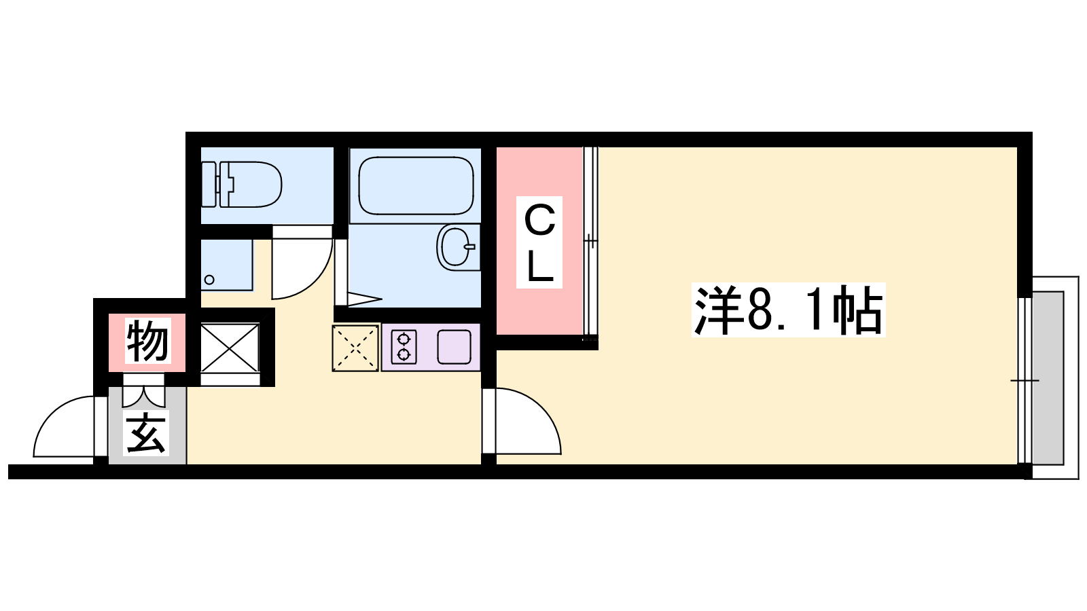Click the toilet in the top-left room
(242, 184)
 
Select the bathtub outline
(416, 185)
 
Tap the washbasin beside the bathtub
(456, 247)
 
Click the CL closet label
(539, 242)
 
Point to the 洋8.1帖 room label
(788, 310)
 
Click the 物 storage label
(147, 340)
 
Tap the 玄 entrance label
(146, 433)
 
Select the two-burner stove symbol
(404, 347)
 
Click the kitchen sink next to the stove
(454, 347)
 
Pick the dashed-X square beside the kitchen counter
(355, 348)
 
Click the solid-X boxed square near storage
(230, 348)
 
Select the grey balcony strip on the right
(1048, 378)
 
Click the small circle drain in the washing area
(209, 280)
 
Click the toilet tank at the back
(209, 184)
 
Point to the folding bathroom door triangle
(364, 299)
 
